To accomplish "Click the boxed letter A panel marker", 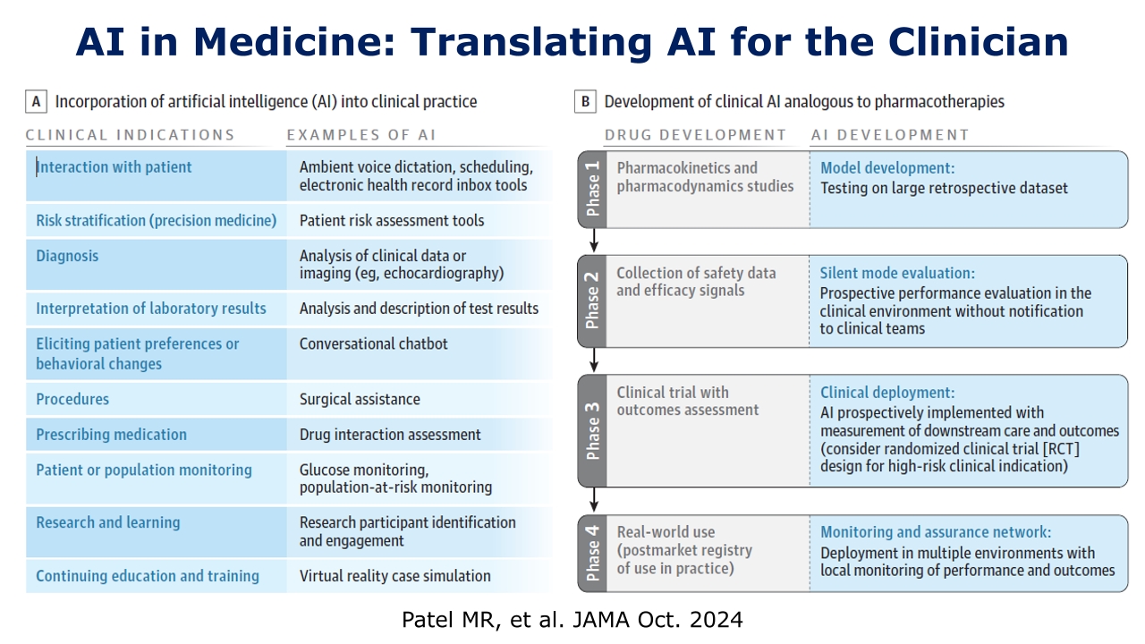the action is coord(37,101).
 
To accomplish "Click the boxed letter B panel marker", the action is coord(585,101).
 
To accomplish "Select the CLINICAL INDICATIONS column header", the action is coord(130,135).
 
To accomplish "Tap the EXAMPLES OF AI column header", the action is coord(360,135).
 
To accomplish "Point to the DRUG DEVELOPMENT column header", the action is coord(695,135).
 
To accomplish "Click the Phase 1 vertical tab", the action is coord(592,189).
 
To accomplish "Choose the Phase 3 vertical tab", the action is coord(592,430).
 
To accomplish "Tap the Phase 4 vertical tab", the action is coord(592,553).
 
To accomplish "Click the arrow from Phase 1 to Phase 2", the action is coord(593,241).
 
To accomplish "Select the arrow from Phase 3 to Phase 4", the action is coord(593,499).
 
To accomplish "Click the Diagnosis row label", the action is coord(67,256).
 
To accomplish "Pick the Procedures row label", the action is coord(72,399).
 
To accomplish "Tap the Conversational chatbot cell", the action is coord(373,343).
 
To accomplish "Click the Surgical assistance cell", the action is coord(360,399).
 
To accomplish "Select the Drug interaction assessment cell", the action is coord(390,434).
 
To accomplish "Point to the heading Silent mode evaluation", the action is coord(897,273).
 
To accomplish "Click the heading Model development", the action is coord(887,167).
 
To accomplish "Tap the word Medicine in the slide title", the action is coord(295,42).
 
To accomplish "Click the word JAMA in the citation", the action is coord(601,620).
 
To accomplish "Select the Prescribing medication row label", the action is coord(112,434).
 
